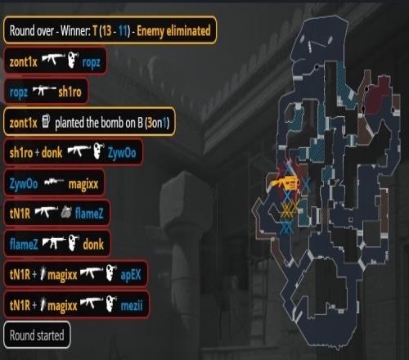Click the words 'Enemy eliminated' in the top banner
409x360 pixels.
coord(173,31)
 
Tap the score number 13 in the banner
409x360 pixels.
coord(107,31)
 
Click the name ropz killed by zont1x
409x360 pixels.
coord(91,63)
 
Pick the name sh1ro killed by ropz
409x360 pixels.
coord(70,92)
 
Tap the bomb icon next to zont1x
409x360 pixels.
coord(46,121)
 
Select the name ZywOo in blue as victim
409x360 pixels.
coord(122,153)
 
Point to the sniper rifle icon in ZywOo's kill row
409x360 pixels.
coord(54,182)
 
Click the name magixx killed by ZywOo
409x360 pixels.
coord(83,184)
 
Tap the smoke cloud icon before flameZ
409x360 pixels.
coord(66,212)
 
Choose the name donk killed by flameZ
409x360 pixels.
coord(93,245)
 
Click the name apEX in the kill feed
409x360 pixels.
coord(131,275)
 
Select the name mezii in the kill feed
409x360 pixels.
coord(132,305)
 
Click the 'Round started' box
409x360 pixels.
coord(37,335)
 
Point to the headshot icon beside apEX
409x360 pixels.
coord(111,272)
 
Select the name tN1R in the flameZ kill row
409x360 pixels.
coord(20,213)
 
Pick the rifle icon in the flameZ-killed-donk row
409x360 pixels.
coord(54,242)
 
